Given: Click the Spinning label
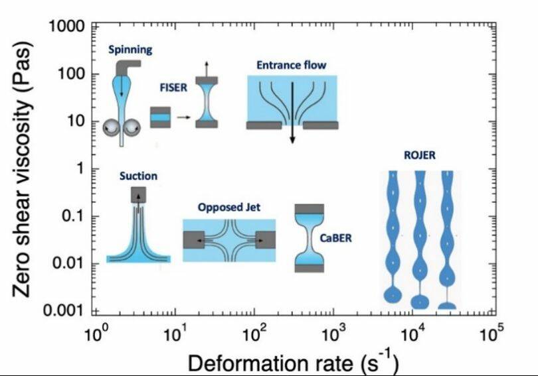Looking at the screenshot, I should tap(131, 50).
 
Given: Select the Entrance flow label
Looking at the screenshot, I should tap(292, 65).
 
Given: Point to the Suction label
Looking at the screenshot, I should tap(138, 176).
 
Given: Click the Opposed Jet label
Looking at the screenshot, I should tap(228, 208).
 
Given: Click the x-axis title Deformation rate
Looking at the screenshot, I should tap(293, 363).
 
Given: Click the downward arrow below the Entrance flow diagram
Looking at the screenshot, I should tap(292, 133).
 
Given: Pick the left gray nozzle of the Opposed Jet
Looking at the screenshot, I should tap(195, 240).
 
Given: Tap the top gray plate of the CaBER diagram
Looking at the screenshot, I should tap(309, 208).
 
